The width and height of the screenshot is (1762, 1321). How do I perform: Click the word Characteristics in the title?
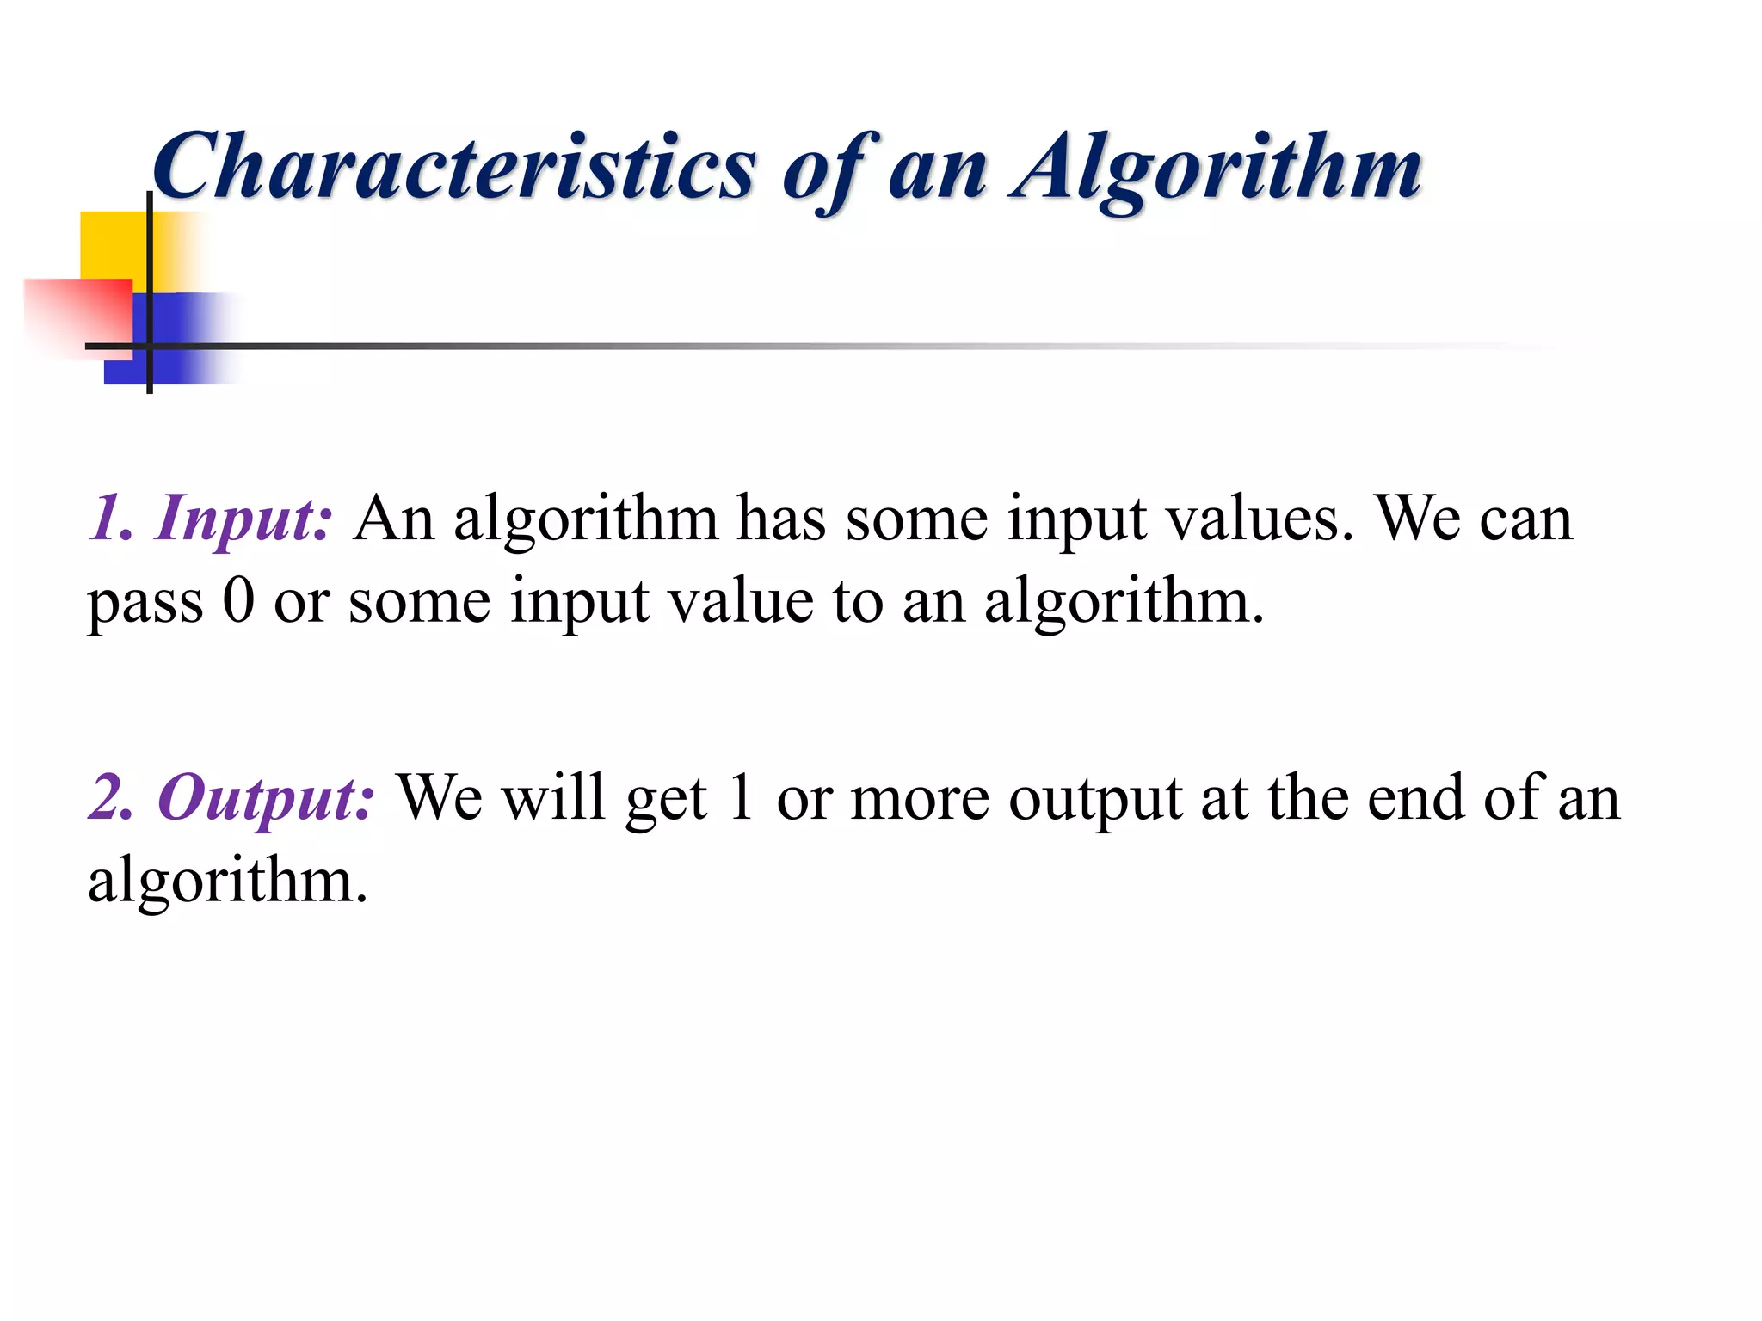coord(454,167)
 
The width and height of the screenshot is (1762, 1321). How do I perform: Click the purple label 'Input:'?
coord(243,519)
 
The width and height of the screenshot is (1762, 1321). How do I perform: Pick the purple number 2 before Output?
coord(110,798)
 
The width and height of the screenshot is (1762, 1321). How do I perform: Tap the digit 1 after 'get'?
coord(740,798)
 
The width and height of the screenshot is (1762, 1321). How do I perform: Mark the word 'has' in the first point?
coord(781,519)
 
